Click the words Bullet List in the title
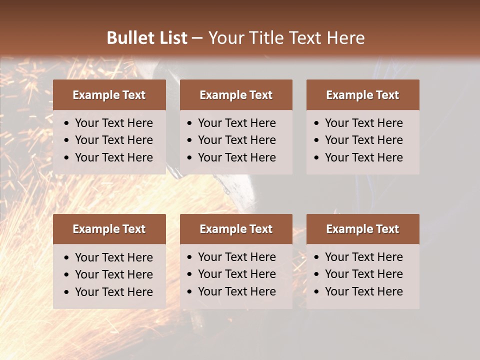click(147, 38)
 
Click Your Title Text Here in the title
click(286, 38)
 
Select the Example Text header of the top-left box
click(109, 95)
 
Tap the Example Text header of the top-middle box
click(236, 95)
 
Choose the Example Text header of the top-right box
click(362, 95)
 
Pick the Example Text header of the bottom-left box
click(109, 229)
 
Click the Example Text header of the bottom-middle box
click(236, 229)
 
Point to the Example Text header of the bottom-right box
click(362, 229)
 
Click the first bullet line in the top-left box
click(113, 123)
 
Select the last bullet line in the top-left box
click(113, 157)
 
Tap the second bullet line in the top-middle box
click(236, 140)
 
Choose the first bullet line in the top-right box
click(363, 123)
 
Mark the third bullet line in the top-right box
click(363, 157)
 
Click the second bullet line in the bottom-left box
click(113, 274)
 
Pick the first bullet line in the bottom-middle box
click(236, 257)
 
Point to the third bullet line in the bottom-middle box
click(236, 291)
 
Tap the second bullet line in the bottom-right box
click(363, 274)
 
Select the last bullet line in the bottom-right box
click(363, 291)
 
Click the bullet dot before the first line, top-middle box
click(189, 123)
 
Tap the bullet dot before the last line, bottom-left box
click(66, 292)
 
